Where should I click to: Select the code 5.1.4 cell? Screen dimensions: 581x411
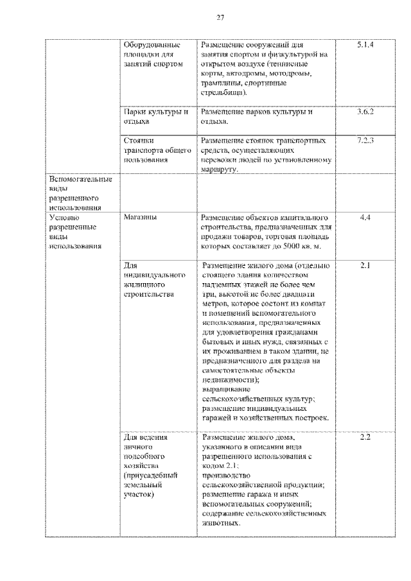pyautogui.click(x=365, y=46)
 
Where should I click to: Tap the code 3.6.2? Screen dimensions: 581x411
pyautogui.click(x=365, y=112)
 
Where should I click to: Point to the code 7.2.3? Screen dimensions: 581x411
pyautogui.click(x=365, y=140)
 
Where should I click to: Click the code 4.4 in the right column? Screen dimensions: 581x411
pyautogui.click(x=365, y=218)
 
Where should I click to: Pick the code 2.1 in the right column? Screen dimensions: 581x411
pyautogui.click(x=365, y=265)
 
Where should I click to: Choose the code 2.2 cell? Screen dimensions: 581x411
pyautogui.click(x=365, y=438)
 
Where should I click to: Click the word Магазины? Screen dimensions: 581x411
pyautogui.click(x=141, y=218)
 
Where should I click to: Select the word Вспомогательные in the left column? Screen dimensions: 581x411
pyautogui.click(x=80, y=179)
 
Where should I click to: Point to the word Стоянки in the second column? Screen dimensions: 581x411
pyautogui.click(x=139, y=140)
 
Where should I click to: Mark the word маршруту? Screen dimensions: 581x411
pyautogui.click(x=219, y=169)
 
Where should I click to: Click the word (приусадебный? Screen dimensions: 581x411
pyautogui.click(x=150, y=476)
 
